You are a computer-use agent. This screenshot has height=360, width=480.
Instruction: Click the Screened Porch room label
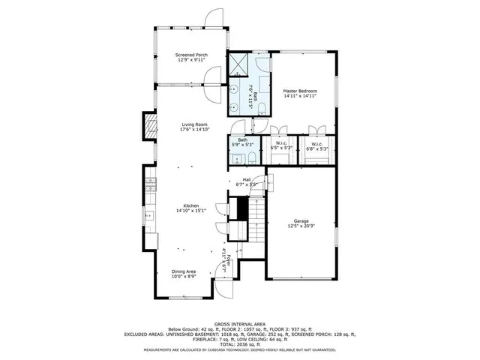coord(191,55)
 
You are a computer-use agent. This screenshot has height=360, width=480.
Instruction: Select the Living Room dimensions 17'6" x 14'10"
coord(193,130)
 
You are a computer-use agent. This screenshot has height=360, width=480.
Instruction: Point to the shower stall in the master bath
coord(241,63)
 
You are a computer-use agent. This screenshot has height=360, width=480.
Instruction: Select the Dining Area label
coord(184,272)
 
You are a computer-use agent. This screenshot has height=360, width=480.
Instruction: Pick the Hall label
coord(246,179)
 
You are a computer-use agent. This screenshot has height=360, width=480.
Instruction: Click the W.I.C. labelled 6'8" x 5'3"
coord(316,144)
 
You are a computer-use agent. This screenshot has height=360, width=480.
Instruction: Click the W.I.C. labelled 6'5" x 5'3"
coord(282,144)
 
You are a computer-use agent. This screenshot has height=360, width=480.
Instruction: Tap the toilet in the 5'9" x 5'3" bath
coord(252,157)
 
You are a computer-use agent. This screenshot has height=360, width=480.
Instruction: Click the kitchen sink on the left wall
coord(148,215)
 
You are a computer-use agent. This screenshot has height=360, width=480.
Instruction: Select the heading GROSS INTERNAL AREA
coord(240,324)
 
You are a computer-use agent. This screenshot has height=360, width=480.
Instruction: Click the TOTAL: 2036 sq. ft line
coord(240,343)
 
